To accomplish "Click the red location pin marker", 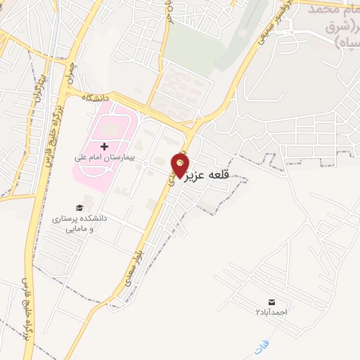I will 181,165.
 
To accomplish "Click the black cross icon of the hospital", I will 105,146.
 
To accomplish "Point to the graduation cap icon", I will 79,207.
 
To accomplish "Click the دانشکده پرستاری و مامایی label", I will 79,224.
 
